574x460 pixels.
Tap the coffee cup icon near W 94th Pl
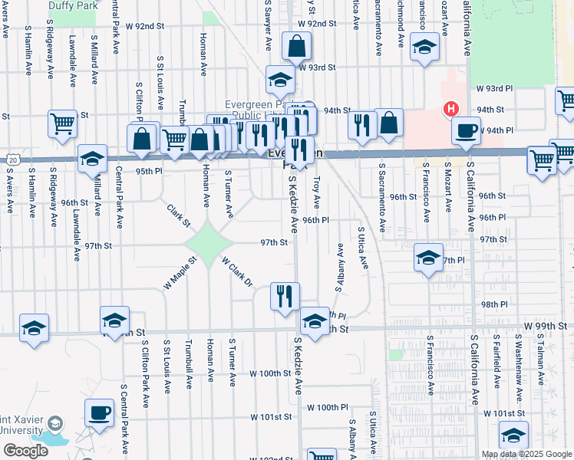tap(466, 130)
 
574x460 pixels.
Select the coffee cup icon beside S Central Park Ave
tap(98, 413)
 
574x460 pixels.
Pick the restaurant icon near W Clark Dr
tap(285, 295)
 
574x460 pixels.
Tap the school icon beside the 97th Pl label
tap(428, 258)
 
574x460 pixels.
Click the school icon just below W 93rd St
tap(280, 80)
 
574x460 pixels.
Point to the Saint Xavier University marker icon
tap(55, 423)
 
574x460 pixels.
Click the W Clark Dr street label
tap(237, 272)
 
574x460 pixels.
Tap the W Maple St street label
tap(180, 272)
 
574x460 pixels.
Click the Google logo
tap(25, 451)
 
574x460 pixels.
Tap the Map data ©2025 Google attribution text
tap(526, 454)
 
